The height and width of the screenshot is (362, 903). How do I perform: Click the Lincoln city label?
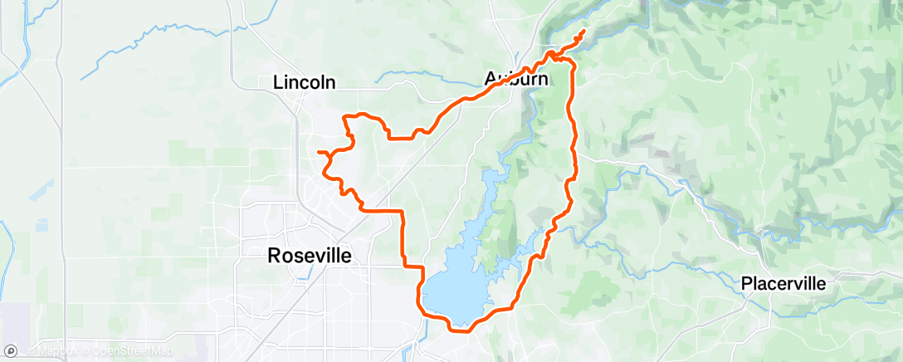coord(304,82)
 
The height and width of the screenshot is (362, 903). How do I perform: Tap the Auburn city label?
coord(515,80)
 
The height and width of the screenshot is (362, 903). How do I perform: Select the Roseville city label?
coord(310,256)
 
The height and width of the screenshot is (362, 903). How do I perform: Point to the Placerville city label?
coord(783,284)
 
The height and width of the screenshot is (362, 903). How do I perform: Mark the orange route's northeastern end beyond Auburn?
coord(584,32)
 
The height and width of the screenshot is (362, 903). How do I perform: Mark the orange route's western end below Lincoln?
coord(319,151)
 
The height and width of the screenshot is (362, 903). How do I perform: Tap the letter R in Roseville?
coord(275,256)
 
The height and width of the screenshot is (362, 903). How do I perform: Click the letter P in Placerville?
coord(746,284)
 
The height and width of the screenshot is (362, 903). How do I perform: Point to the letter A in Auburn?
coord(491,80)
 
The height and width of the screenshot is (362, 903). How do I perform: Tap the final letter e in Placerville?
coord(821,284)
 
